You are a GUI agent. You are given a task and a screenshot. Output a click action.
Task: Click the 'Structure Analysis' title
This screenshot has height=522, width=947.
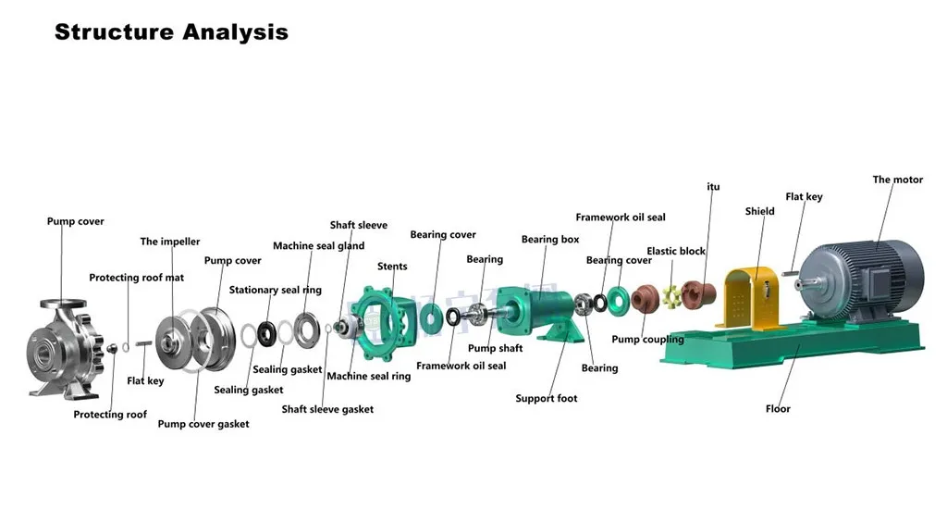[x=171, y=32]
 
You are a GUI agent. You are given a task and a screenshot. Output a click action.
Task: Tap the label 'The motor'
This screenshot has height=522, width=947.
[x=897, y=180]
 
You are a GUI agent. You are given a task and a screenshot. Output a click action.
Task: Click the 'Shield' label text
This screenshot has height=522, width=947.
[x=759, y=211]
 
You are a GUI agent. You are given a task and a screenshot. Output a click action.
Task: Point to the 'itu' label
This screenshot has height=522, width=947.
[x=713, y=187]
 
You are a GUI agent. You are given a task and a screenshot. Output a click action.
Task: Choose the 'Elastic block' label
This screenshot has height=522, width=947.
[x=675, y=251]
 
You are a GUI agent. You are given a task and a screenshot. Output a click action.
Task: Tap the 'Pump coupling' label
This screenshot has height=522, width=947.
[x=647, y=340]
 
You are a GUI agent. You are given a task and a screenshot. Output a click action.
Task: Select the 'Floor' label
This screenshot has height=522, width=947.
[x=778, y=408]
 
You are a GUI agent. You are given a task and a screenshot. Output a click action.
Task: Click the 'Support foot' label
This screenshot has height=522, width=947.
[x=546, y=399]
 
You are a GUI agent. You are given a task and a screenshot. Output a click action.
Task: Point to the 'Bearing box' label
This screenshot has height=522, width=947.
[x=550, y=240]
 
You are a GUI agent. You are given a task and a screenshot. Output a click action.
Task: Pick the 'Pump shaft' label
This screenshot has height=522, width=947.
[x=495, y=348]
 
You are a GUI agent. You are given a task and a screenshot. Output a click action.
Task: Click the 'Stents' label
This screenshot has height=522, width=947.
[x=392, y=267]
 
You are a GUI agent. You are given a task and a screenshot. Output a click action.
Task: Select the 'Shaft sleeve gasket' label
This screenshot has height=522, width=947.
[x=327, y=409]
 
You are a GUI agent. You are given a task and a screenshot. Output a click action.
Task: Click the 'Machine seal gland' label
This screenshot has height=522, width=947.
[x=318, y=246]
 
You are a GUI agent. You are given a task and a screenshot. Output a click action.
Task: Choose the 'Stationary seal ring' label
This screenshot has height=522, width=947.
[x=276, y=290]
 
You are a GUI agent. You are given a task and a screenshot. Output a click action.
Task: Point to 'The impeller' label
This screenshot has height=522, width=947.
[x=170, y=242]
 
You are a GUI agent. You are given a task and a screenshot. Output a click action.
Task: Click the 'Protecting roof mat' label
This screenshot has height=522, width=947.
[x=136, y=278]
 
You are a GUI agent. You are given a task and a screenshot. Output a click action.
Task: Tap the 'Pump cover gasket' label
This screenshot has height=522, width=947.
[x=203, y=424]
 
